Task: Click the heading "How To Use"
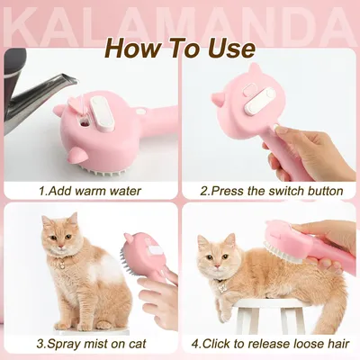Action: click(180, 47)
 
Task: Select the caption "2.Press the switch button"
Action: click(271, 191)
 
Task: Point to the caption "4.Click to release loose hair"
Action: click(271, 344)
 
